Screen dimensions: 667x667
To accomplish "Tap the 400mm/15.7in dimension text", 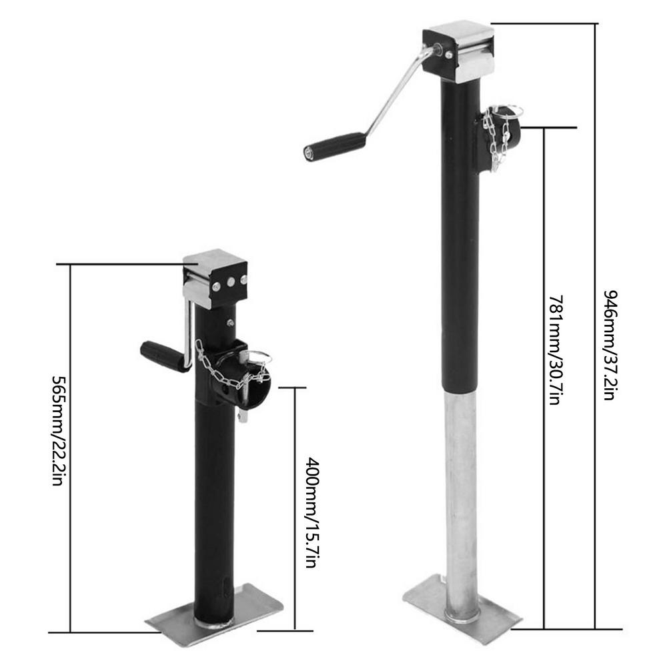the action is point(311,513).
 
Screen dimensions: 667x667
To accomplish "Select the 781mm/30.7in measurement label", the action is point(556,350).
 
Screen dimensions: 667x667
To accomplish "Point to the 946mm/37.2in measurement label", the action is point(610,346).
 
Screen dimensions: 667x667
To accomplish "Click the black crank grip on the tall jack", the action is point(334,146).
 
